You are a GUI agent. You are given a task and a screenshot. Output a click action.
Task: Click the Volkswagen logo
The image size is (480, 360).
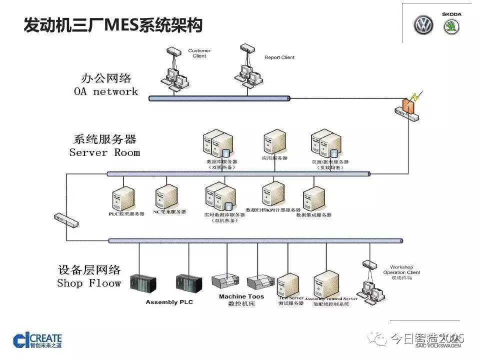(423, 25)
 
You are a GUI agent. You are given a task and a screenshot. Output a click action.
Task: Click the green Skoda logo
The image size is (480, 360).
(452, 26)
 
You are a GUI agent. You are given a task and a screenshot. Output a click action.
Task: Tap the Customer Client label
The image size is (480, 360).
(199, 53)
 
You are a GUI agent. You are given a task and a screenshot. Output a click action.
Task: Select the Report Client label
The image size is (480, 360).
(279, 57)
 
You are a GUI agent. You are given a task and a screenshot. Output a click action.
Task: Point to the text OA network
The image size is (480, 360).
(105, 91)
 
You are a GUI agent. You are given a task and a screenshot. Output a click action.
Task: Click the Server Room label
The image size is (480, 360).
(104, 152)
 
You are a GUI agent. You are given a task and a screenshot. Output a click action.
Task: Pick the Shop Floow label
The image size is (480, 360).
(89, 283)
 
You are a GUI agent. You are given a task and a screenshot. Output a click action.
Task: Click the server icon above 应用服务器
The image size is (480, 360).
(274, 141)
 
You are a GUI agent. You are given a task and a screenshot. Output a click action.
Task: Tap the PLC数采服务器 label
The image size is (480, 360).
(126, 213)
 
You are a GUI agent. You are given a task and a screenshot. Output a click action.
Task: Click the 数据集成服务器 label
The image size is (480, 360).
(314, 215)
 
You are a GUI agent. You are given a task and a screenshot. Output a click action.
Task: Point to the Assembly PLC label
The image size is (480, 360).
(169, 302)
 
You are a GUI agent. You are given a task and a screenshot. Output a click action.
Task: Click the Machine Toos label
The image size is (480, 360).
(241, 296)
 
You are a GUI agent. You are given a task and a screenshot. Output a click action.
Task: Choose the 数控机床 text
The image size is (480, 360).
(241, 303)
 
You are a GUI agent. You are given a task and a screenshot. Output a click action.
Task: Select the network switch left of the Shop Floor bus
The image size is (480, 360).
(66, 220)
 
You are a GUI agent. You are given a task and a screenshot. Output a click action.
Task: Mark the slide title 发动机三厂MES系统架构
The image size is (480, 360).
(113, 25)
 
